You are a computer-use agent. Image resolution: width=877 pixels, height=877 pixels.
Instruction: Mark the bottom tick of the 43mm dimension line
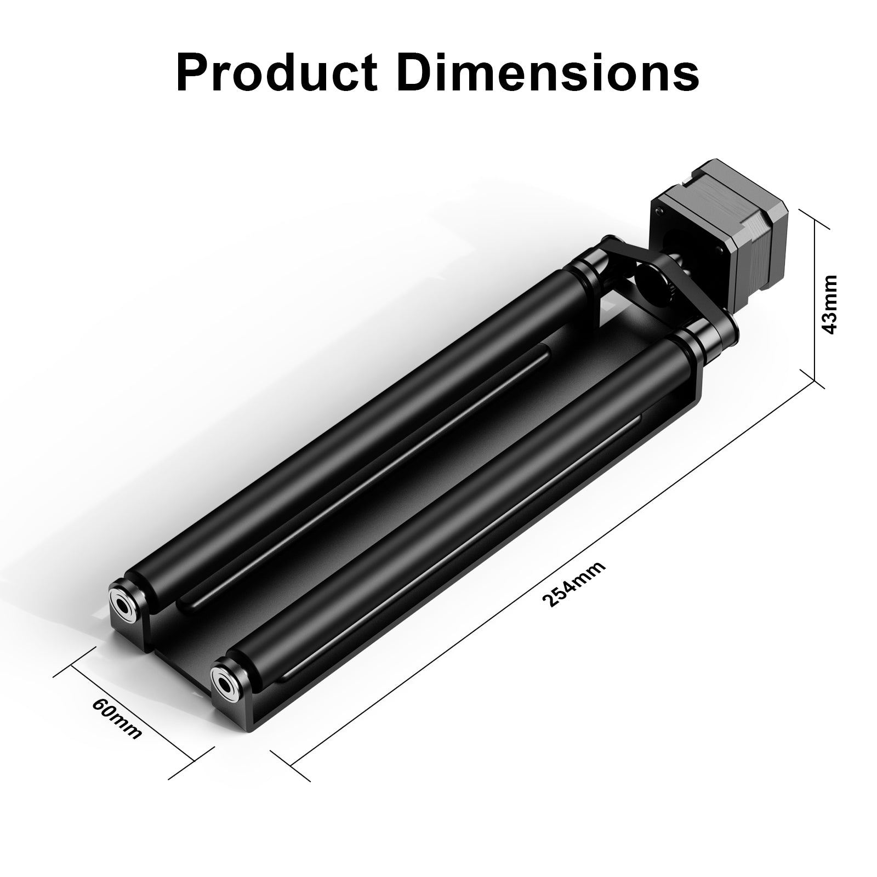[815, 380]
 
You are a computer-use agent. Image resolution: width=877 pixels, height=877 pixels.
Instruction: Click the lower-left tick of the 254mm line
[290, 765]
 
